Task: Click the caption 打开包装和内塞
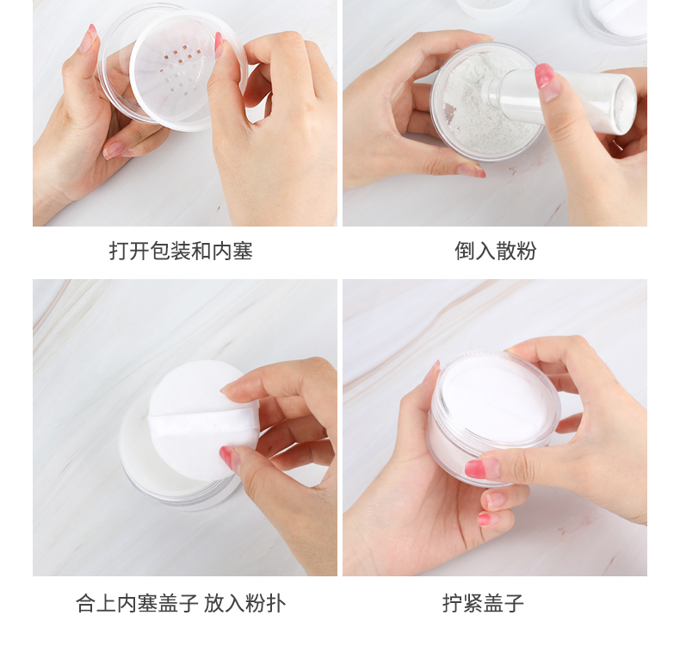(x=181, y=251)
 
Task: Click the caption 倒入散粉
(x=495, y=251)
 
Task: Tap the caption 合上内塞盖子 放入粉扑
(x=181, y=603)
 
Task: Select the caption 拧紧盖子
(x=483, y=603)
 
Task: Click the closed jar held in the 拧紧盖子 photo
(x=493, y=417)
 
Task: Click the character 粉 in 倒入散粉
(x=527, y=251)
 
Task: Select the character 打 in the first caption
(x=119, y=251)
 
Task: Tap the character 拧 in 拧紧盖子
(x=452, y=603)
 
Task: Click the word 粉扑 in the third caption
(x=265, y=603)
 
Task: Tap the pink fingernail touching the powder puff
(x=226, y=456)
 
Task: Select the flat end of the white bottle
(x=625, y=104)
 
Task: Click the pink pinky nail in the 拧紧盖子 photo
(x=485, y=519)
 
